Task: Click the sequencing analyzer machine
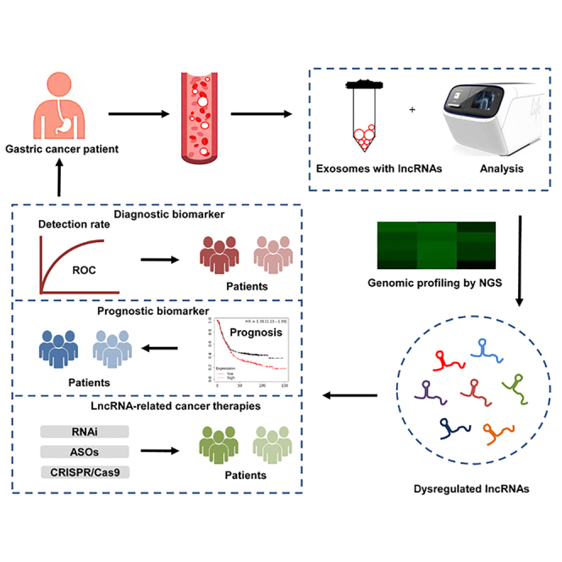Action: coord(482,114)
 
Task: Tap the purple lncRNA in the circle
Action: coord(428,388)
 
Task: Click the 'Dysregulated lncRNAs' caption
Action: coord(466,489)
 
